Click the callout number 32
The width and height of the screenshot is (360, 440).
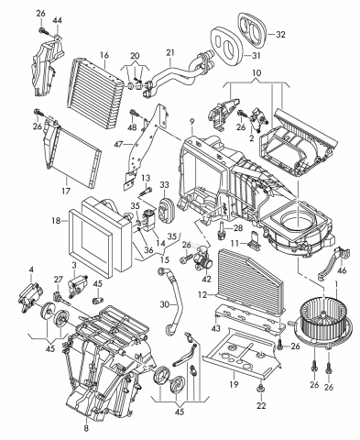pyautogui.click(x=280, y=35)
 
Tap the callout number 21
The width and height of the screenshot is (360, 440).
pyautogui.click(x=170, y=52)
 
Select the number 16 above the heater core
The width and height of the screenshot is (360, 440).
pyautogui.click(x=104, y=55)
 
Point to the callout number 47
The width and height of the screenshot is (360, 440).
pyautogui.click(x=117, y=143)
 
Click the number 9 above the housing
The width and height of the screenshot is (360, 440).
pyautogui.click(x=191, y=122)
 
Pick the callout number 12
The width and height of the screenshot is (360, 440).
pyautogui.click(x=202, y=295)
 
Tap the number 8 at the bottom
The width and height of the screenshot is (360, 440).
pyautogui.click(x=86, y=428)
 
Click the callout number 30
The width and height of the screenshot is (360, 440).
pyautogui.click(x=165, y=304)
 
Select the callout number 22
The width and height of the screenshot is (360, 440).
pyautogui.click(x=261, y=405)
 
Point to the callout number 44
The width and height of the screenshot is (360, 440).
pyautogui.click(x=57, y=20)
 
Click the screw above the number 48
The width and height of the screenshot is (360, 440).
pyautogui.click(x=134, y=113)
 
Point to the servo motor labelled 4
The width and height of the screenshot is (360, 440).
pyautogui.click(x=30, y=296)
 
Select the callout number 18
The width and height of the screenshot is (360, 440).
pyautogui.click(x=57, y=221)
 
